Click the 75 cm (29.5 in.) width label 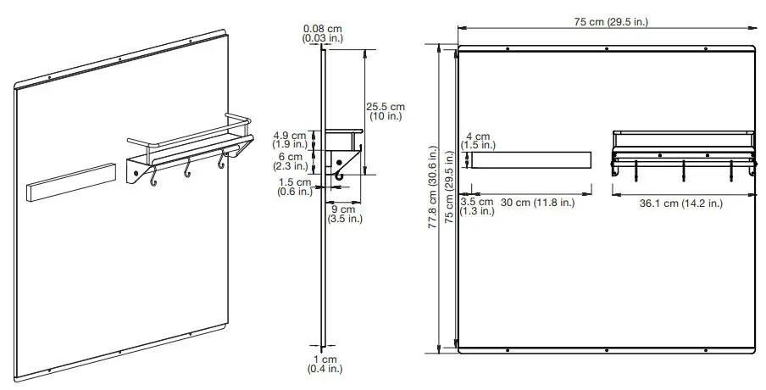coord(605,22)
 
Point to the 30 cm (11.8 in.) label coord(537,203)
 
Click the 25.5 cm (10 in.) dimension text coord(386,111)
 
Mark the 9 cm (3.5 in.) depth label coord(345,214)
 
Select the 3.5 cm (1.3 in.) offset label coord(476,207)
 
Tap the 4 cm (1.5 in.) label coord(479,141)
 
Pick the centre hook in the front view coord(683,170)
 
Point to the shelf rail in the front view coord(682,133)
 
